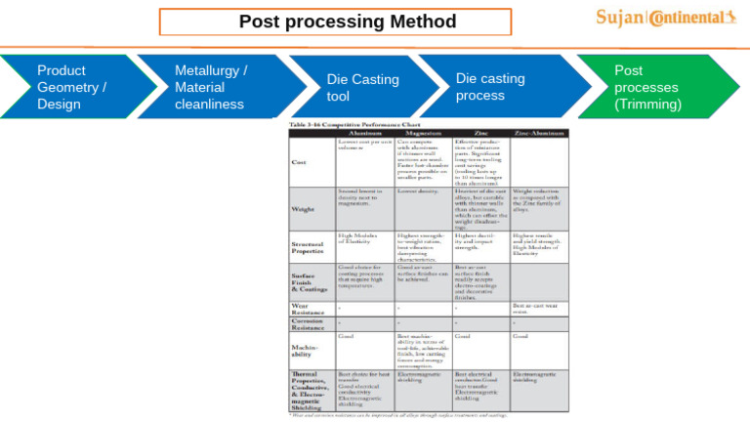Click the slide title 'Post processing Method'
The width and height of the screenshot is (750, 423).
click(x=348, y=21)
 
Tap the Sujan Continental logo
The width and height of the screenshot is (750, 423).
click(x=666, y=18)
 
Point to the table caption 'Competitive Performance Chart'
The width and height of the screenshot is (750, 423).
click(x=339, y=125)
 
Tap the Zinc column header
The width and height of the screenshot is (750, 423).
click(x=480, y=133)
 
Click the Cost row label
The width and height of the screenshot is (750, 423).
click(x=300, y=162)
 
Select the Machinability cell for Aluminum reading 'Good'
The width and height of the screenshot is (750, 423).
click(x=347, y=335)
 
